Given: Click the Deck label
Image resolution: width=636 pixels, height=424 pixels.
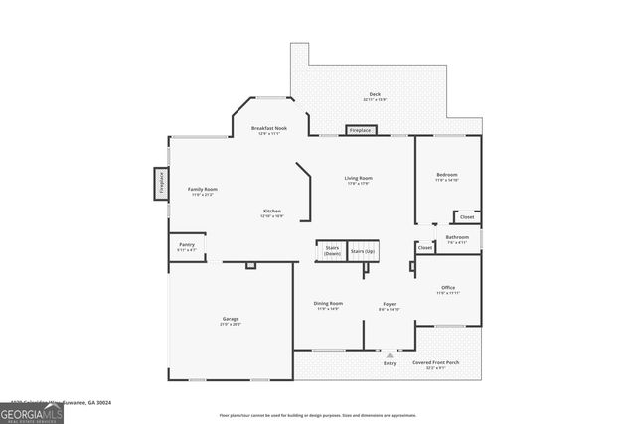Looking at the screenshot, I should coord(375,95).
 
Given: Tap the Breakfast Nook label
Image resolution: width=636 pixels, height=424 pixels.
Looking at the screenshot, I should coord(269,128).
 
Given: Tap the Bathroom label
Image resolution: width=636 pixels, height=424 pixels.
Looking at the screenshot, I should coord(457,238).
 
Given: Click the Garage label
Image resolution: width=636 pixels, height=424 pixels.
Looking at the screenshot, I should coord(230,319).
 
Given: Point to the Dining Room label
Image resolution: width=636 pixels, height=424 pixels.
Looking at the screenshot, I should coord(328,304).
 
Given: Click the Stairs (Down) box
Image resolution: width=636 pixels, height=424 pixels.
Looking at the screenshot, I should coord(330,251).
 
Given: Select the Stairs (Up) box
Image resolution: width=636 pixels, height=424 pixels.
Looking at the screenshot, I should coord(363,252).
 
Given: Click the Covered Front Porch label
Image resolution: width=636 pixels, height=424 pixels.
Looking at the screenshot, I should coord(435,363).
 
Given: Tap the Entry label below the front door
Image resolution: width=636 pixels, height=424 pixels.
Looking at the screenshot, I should coord(390,364).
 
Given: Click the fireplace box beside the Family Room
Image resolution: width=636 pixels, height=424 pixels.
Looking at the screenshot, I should coord(159,184).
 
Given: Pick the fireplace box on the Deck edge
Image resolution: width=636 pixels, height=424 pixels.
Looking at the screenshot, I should coord(360,130).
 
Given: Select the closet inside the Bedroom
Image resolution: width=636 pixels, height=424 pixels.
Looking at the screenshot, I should coord(466,216).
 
